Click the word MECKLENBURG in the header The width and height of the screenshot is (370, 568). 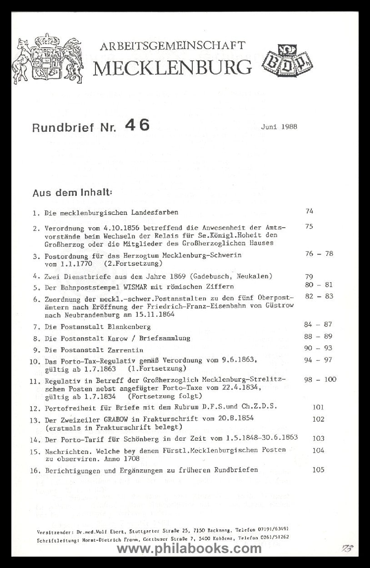tap(172, 67)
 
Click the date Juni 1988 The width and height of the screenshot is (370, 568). tap(279, 127)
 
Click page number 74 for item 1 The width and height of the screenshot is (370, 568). tap(310, 211)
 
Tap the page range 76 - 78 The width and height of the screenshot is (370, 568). tap(319, 254)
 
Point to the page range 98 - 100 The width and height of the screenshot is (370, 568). tap(320, 380)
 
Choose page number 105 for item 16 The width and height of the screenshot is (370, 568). tap(318, 470)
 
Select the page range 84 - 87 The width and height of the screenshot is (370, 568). tap(319, 324)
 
